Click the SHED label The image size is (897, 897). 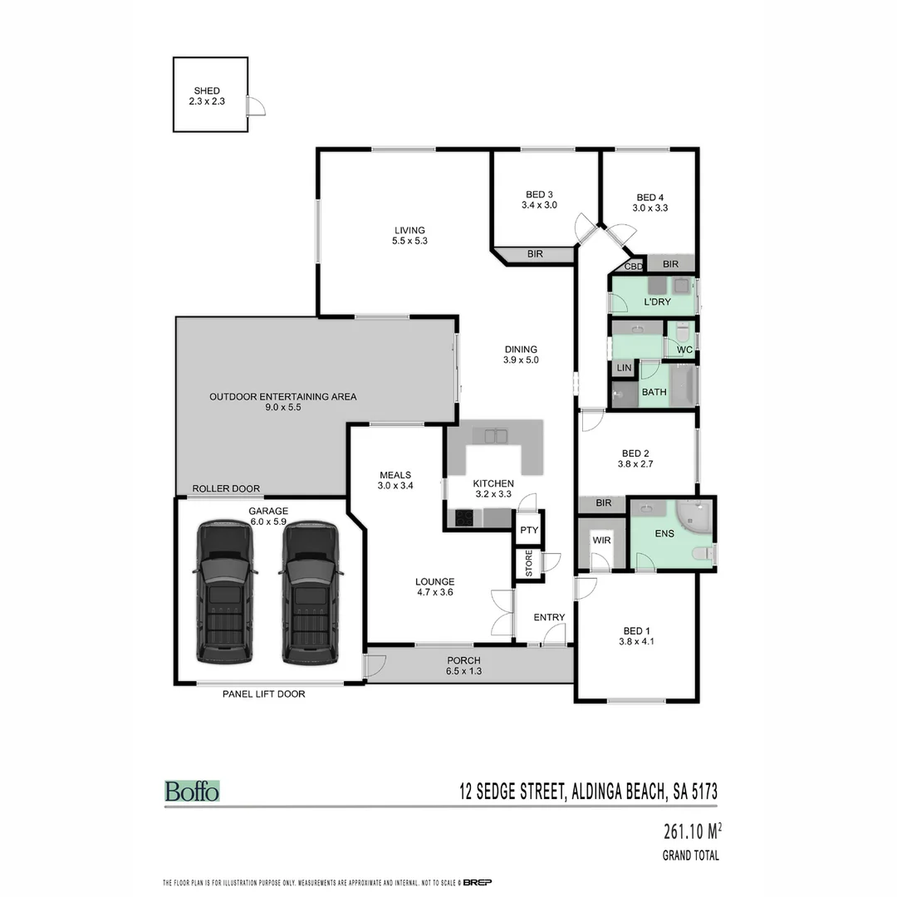[x=208, y=91]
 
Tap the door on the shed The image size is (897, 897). [x=256, y=105]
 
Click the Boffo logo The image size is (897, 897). [x=192, y=791]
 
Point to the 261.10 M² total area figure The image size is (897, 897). [x=692, y=831]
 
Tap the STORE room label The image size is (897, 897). [x=528, y=564]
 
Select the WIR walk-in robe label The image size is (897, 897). [x=601, y=540]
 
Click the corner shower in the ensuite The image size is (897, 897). [x=695, y=517]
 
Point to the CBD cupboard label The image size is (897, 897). [x=633, y=267]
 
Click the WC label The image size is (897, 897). [x=684, y=350]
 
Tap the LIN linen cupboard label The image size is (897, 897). [x=624, y=367]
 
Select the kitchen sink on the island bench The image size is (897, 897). [x=490, y=434]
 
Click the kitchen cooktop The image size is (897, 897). [x=463, y=518]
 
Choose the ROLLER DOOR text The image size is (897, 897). [x=226, y=488]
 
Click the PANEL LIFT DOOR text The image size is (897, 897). [x=263, y=694]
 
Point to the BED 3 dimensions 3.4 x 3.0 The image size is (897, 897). [x=539, y=205]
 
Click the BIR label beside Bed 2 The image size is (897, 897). [x=603, y=503]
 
